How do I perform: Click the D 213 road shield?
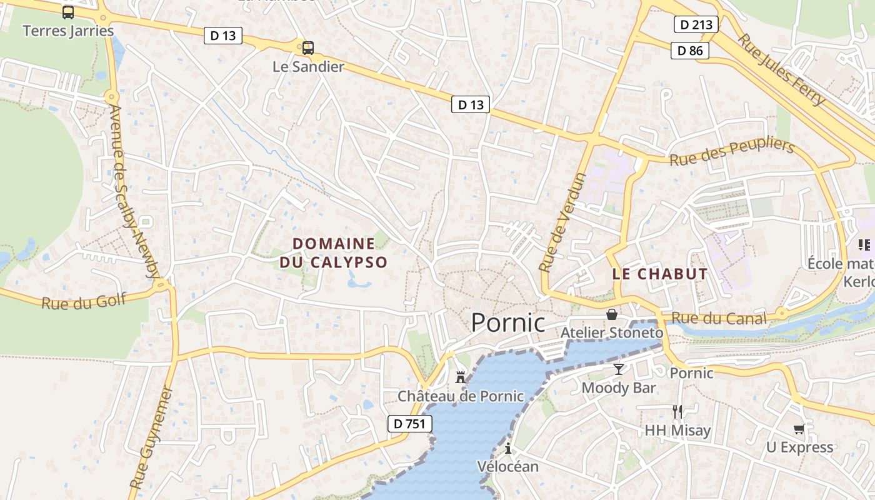(696, 25)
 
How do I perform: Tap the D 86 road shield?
(690, 51)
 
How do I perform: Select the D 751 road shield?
(409, 424)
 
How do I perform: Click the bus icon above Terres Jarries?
(68, 12)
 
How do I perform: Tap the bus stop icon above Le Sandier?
(307, 47)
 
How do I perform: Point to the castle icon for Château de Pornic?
(461, 377)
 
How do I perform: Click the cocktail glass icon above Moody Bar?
(618, 369)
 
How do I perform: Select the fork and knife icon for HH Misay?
(677, 411)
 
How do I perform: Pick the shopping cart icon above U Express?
(799, 428)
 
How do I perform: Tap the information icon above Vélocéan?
(508, 448)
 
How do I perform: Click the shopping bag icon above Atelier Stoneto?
(611, 314)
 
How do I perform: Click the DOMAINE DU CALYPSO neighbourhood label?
(334, 252)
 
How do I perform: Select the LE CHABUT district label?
(659, 274)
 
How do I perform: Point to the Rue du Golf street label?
(84, 301)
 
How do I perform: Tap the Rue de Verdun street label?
(563, 222)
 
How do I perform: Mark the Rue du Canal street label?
(719, 319)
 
